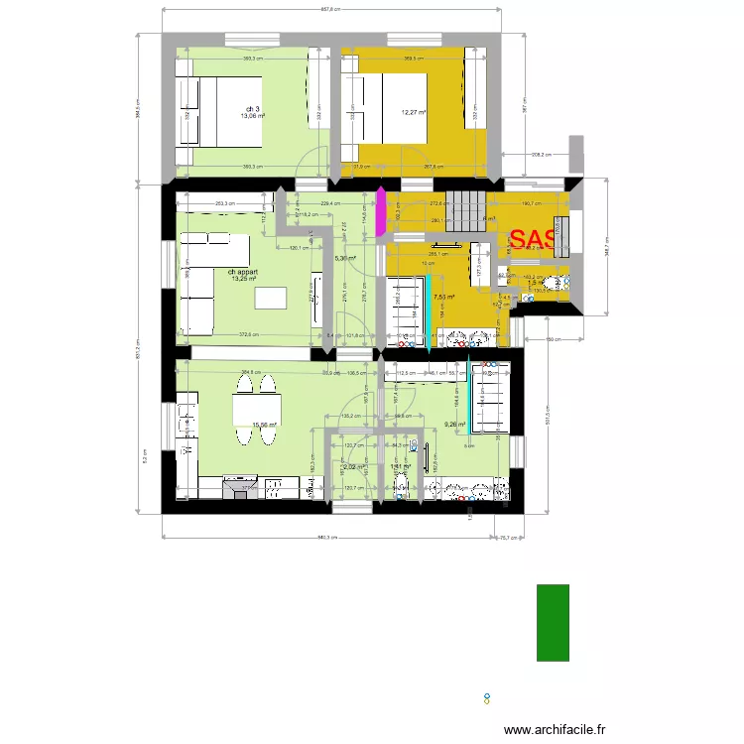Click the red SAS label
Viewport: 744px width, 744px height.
(x=533, y=240)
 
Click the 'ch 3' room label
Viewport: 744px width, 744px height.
(x=252, y=108)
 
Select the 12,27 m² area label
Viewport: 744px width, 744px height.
(x=414, y=112)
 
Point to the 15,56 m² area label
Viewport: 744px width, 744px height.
(x=264, y=426)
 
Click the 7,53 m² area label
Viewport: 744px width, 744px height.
(x=442, y=297)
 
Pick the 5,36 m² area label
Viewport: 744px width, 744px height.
(x=345, y=258)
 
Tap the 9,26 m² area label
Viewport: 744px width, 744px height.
(x=455, y=425)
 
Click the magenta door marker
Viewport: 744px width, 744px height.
(x=378, y=216)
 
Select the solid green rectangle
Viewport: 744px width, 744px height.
(x=553, y=622)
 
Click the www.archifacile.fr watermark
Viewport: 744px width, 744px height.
(x=555, y=729)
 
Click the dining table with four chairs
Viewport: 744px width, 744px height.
(x=254, y=409)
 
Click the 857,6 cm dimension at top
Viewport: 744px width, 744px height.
(x=330, y=9)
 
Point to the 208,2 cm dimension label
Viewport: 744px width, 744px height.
(x=542, y=155)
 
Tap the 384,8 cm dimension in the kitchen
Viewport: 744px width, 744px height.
(x=250, y=373)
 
